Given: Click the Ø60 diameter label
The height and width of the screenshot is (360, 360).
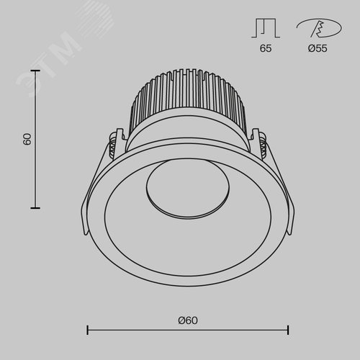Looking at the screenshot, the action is [x=188, y=320].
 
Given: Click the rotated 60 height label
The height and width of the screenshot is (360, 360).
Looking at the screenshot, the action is [x=27, y=139].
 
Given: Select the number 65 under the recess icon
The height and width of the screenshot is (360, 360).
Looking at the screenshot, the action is [x=266, y=48].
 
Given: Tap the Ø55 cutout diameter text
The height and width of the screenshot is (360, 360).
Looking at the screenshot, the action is [x=318, y=48].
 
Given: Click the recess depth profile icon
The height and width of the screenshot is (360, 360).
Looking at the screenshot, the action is [x=266, y=29].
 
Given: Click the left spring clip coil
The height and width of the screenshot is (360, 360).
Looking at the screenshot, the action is [x=112, y=146].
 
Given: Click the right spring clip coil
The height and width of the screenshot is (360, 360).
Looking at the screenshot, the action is [x=263, y=145].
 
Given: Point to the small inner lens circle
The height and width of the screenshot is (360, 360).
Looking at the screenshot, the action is [x=187, y=189].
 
